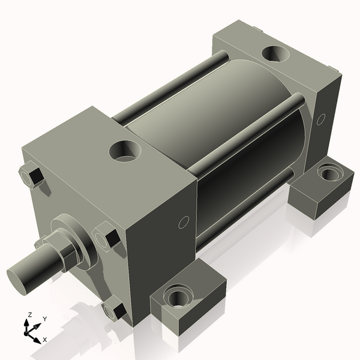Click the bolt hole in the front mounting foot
pyautogui.click(x=179, y=296)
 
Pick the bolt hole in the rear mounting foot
pyautogui.click(x=329, y=175)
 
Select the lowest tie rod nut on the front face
pyautogui.click(x=113, y=310)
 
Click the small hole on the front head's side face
pyautogui.click(x=184, y=223)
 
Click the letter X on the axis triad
pyautogui.click(x=45, y=340)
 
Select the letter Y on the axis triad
pyautogui.click(x=44, y=319)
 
